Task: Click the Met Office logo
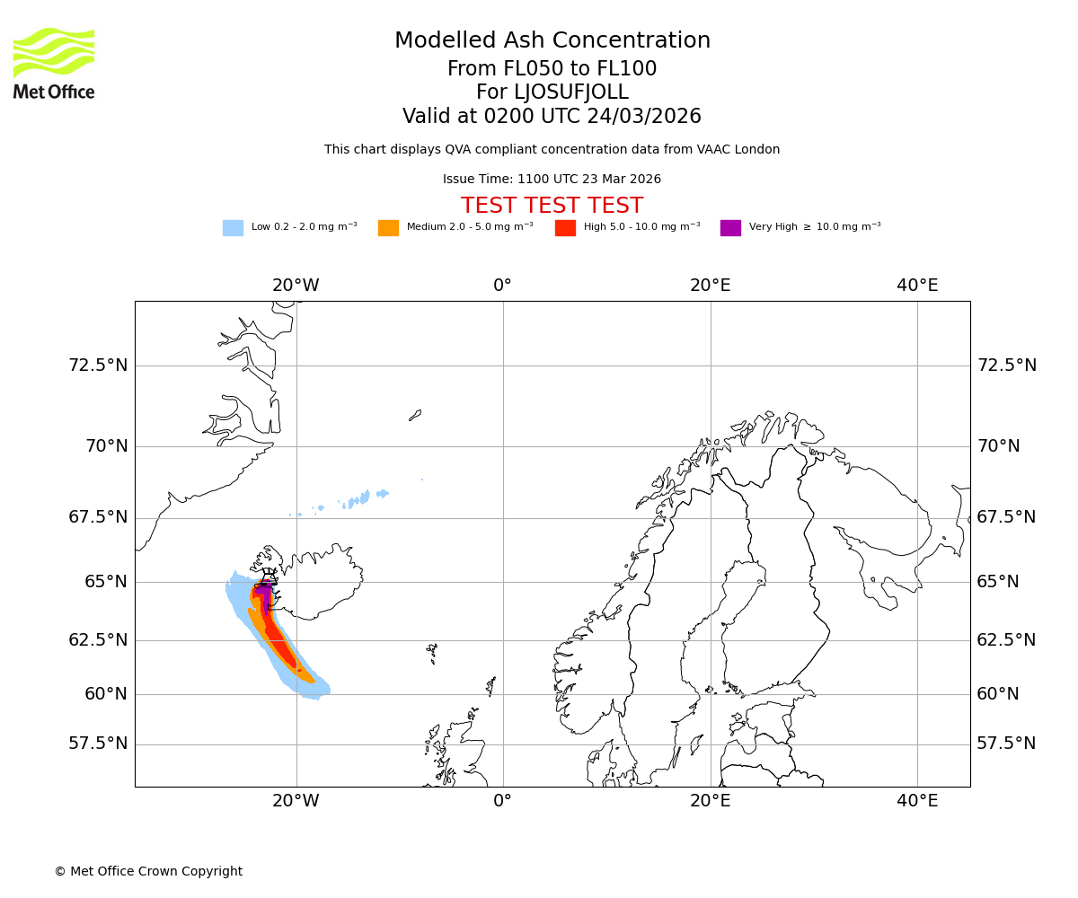pyautogui.click(x=54, y=63)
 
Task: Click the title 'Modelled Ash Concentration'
pyautogui.click(x=552, y=41)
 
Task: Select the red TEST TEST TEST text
pyautogui.click(x=552, y=206)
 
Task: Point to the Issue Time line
pyautogui.click(x=552, y=180)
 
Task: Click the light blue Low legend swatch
pyautogui.click(x=233, y=228)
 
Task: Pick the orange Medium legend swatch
pyautogui.click(x=388, y=228)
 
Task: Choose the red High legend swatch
pyautogui.click(x=565, y=228)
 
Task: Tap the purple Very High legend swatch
pyautogui.click(x=730, y=228)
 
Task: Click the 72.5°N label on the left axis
pyautogui.click(x=98, y=365)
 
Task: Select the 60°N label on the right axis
pyautogui.click(x=998, y=694)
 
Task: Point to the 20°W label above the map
pyautogui.click(x=296, y=286)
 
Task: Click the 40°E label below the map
pyautogui.click(x=917, y=801)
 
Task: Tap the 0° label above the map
pyautogui.click(x=502, y=286)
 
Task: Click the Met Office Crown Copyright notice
pyautogui.click(x=148, y=871)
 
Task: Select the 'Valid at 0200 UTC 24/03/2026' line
pyautogui.click(x=552, y=117)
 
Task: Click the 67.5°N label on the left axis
pyautogui.click(x=98, y=517)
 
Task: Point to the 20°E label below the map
pyautogui.click(x=710, y=801)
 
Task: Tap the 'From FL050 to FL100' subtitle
pyautogui.click(x=552, y=69)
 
